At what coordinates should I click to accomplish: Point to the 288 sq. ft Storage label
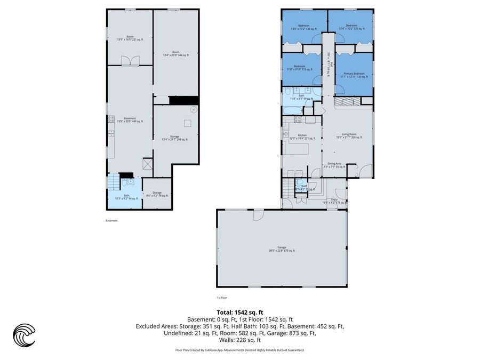(x=175, y=138)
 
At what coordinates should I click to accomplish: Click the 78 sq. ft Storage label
(x=157, y=194)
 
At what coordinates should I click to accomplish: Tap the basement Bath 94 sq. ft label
(x=126, y=197)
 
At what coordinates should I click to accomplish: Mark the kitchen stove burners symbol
(x=298, y=119)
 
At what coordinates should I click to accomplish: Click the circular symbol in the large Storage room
(x=193, y=109)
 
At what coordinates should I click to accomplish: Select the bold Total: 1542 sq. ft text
(x=239, y=313)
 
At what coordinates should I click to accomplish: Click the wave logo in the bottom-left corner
(x=24, y=336)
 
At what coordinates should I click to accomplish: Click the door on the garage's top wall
(x=259, y=214)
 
